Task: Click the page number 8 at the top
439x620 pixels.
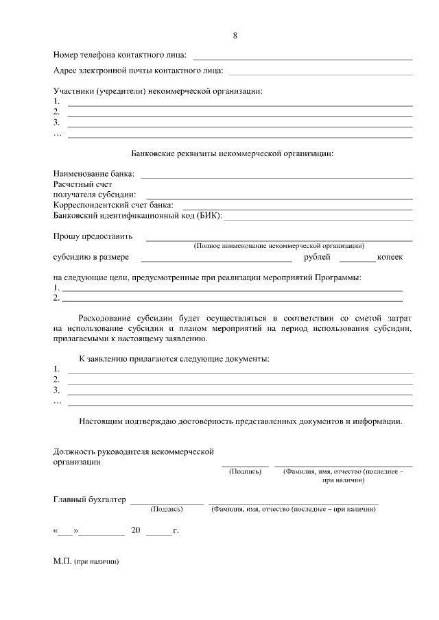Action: pos(235,35)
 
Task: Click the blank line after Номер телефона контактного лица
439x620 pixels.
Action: pos(303,59)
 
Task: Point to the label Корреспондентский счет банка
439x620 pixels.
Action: pos(113,205)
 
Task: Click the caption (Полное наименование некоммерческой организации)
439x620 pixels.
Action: pos(278,245)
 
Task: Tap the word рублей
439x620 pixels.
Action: pos(317,258)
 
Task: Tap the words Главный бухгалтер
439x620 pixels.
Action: pos(90,499)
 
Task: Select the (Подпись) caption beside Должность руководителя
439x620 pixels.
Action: pos(245,472)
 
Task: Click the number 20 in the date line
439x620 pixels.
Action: pos(135,530)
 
